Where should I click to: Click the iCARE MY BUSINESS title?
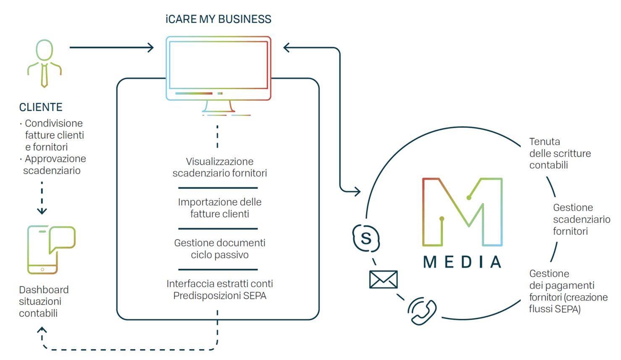(218, 19)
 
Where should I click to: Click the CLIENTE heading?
(41, 107)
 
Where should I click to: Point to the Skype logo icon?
(366, 238)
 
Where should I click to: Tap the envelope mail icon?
(384, 279)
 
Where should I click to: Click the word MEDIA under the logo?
(463, 262)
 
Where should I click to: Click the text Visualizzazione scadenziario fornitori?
(220, 167)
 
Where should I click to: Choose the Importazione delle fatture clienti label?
(220, 208)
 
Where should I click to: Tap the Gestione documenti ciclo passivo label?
(220, 249)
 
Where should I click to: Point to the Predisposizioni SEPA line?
(220, 296)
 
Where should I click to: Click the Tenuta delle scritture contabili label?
(560, 153)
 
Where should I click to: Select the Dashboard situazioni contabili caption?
(44, 301)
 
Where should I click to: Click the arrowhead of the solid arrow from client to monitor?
(150, 47)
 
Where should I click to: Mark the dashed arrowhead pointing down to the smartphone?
(42, 211)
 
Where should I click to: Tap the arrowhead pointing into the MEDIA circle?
(358, 191)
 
